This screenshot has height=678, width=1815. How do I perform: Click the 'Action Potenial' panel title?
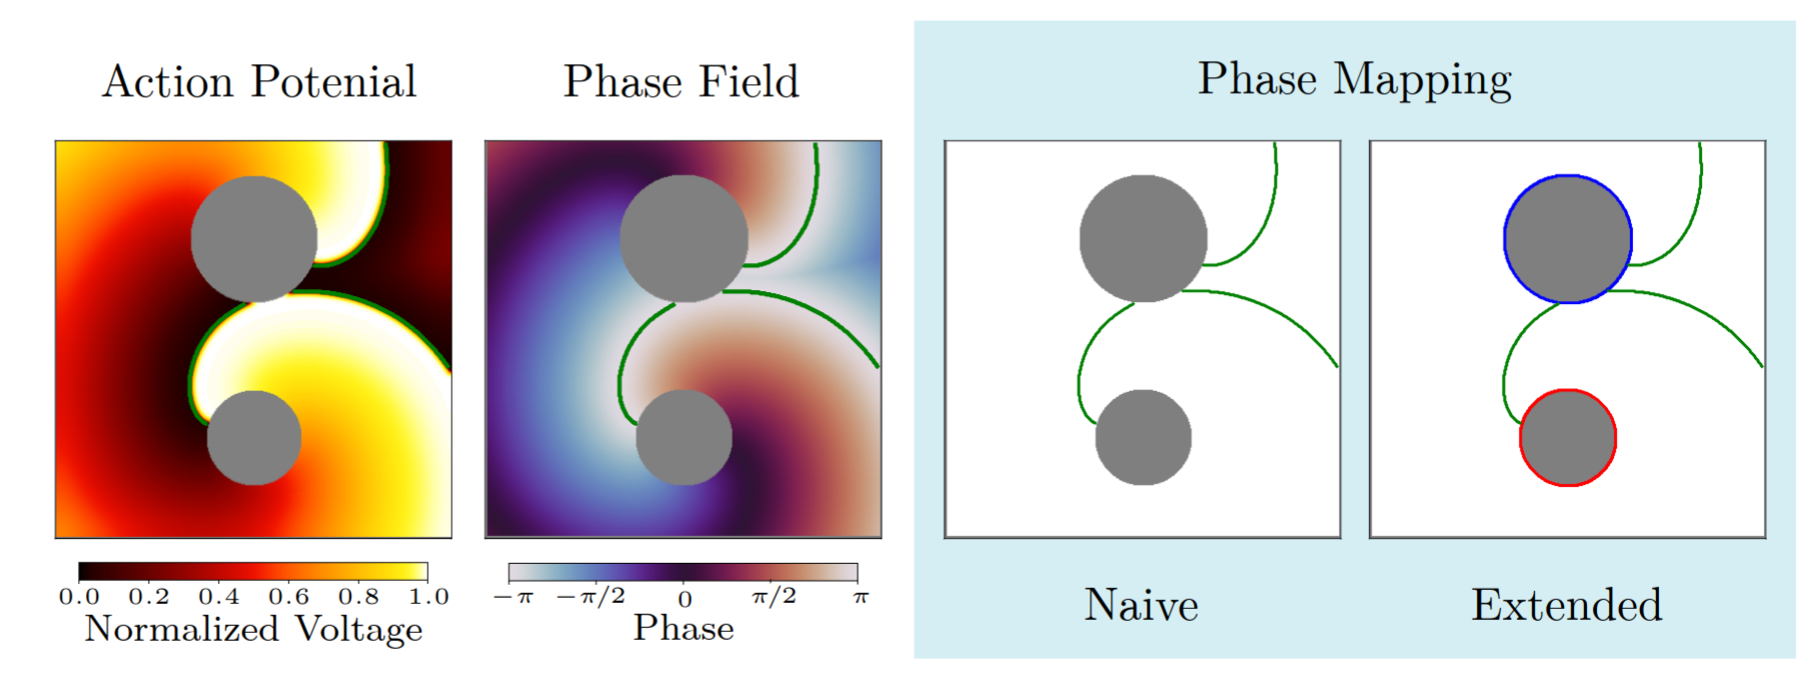pyautogui.click(x=259, y=82)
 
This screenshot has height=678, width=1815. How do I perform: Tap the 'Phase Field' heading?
pyautogui.click(x=682, y=82)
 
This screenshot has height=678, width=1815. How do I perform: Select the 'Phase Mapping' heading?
pyautogui.click(x=1354, y=80)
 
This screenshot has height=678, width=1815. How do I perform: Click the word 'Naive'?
pyautogui.click(x=1141, y=605)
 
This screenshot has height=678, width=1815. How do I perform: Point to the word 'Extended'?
pyautogui.click(x=1566, y=605)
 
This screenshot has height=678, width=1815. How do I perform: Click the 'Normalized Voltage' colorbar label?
pyautogui.click(x=254, y=629)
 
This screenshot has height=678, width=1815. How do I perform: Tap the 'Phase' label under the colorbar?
pyautogui.click(x=684, y=628)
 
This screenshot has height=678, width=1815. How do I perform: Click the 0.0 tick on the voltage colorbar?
pyautogui.click(x=79, y=597)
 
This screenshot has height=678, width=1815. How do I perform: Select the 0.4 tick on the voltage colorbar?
pyautogui.click(x=219, y=597)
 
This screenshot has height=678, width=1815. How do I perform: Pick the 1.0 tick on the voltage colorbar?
pyautogui.click(x=429, y=597)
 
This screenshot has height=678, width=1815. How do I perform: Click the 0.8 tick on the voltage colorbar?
pyautogui.click(x=359, y=597)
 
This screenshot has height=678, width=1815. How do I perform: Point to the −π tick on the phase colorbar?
pyautogui.click(x=514, y=598)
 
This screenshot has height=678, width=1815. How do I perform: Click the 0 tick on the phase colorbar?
pyautogui.click(x=685, y=599)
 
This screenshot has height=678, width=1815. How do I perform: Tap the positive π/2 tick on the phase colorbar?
pyautogui.click(x=774, y=597)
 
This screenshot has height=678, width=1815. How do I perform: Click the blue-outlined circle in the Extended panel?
pyautogui.click(x=1568, y=239)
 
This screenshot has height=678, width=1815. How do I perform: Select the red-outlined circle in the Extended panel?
pyautogui.click(x=1568, y=438)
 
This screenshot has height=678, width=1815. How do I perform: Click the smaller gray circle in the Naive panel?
pyautogui.click(x=1143, y=438)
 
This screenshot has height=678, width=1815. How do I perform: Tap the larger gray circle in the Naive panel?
pyautogui.click(x=1143, y=239)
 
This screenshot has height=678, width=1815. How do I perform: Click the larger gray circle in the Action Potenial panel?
pyautogui.click(x=254, y=239)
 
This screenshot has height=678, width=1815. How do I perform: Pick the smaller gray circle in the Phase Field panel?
pyautogui.click(x=684, y=438)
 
